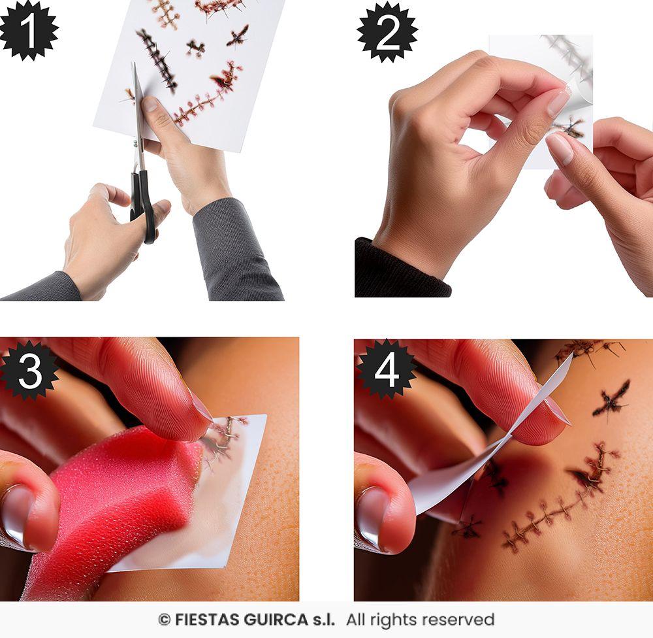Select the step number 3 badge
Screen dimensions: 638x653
(29, 369)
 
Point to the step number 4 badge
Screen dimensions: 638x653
(387, 370)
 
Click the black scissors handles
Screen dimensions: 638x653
(144, 203)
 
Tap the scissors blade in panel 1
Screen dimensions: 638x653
(138, 111)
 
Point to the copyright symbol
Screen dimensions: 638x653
(164, 619)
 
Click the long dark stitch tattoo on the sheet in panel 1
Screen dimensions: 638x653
(157, 59)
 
